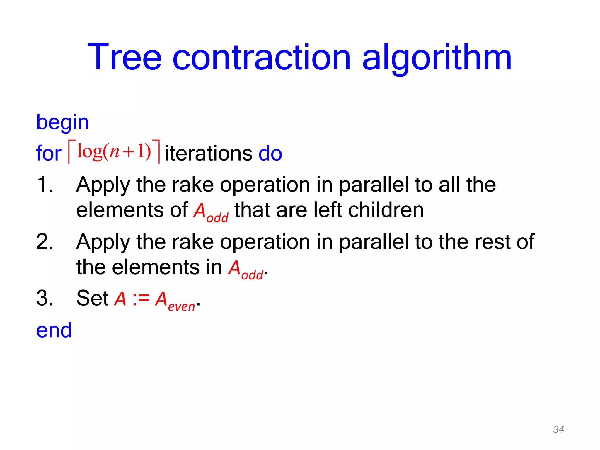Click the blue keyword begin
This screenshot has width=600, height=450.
tap(62, 122)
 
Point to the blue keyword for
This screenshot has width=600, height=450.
tap(49, 154)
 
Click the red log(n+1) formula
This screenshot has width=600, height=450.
tap(114, 152)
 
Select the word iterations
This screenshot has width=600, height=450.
tap(208, 154)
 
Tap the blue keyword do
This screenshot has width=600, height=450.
tap(270, 154)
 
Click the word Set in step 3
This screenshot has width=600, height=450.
tap(93, 298)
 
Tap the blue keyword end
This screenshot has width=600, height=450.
tap(54, 330)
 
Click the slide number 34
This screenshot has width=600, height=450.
tap(558, 429)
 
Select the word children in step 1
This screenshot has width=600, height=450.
tap(386, 210)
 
